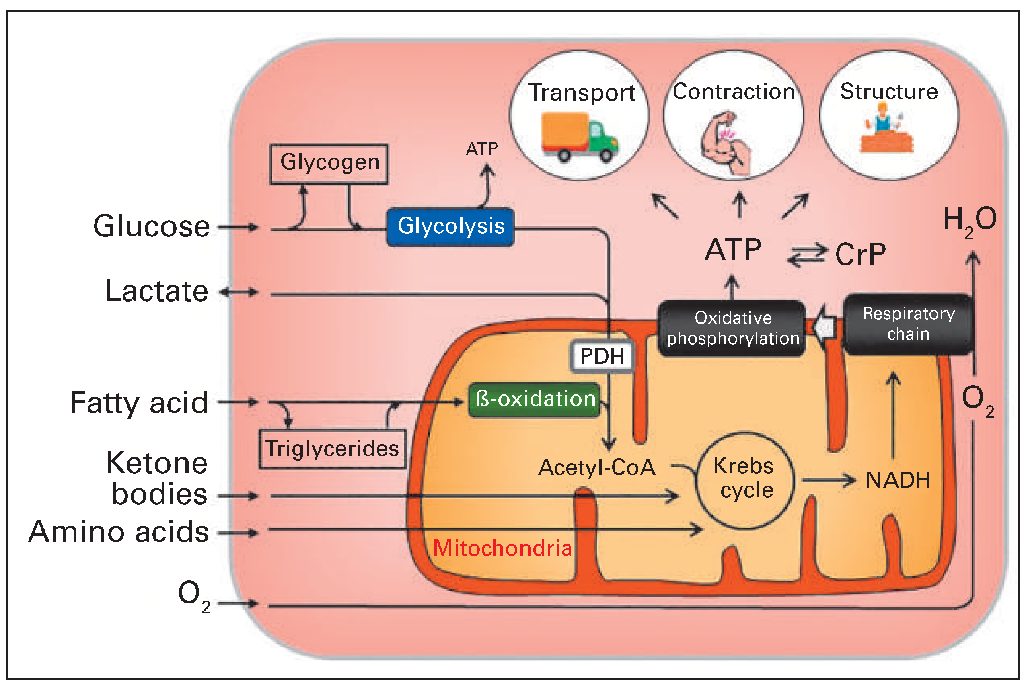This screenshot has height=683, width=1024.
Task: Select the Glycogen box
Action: click(x=329, y=163)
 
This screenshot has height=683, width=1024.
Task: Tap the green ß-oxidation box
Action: click(x=535, y=400)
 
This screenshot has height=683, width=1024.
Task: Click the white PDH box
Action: click(x=602, y=356)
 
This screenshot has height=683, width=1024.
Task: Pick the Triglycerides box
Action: click(x=333, y=449)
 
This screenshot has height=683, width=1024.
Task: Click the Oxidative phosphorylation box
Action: click(x=732, y=328)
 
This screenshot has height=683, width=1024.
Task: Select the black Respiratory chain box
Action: click(x=908, y=324)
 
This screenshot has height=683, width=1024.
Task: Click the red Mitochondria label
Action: click(x=502, y=548)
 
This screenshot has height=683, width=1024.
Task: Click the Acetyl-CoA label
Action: click(x=596, y=468)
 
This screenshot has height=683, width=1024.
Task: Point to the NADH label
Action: click(x=898, y=480)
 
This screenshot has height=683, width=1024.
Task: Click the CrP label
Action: click(x=860, y=254)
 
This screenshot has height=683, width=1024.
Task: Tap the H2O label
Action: click(x=970, y=220)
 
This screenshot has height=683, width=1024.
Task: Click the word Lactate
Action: click(x=156, y=291)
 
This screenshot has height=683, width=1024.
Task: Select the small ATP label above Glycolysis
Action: click(x=481, y=149)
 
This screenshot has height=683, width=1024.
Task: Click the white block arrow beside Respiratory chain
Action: click(x=825, y=328)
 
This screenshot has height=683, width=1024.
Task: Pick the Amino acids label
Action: click(x=119, y=532)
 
